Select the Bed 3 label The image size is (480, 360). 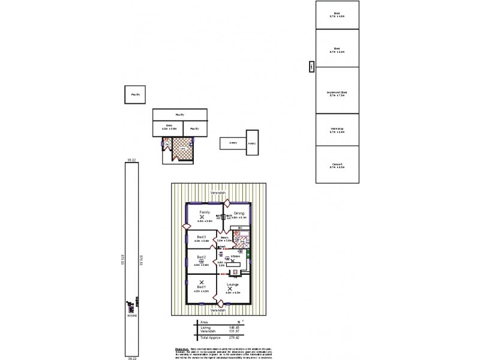(202, 237)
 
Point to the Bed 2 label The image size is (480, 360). (202, 257)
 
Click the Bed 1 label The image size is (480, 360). (202, 287)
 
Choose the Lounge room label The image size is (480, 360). (233, 284)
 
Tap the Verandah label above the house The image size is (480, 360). (218, 193)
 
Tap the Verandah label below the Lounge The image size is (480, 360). (218, 310)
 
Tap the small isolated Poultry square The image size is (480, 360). (135, 94)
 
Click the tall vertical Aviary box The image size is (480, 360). (252, 143)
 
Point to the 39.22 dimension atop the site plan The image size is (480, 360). (132, 160)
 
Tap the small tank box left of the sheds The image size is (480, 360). (311, 67)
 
